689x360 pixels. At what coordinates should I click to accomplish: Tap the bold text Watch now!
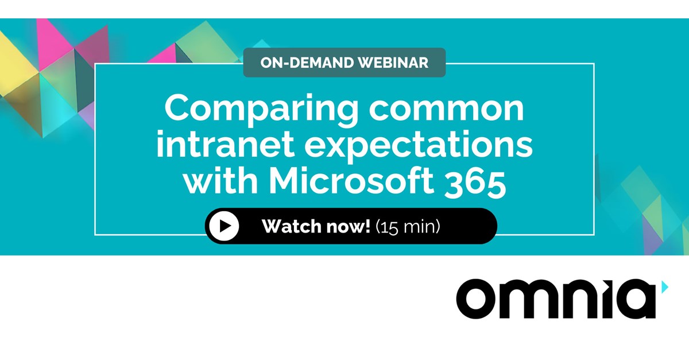click(316, 226)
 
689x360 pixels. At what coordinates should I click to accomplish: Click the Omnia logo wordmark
click(556, 299)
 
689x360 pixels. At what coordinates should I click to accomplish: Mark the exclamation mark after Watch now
click(367, 226)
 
